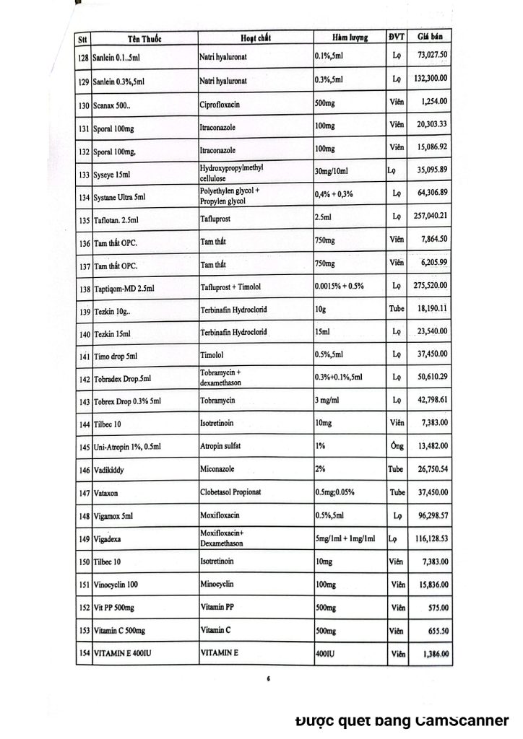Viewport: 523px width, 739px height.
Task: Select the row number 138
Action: [x=84, y=289]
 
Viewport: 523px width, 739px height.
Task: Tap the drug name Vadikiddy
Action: [x=111, y=470]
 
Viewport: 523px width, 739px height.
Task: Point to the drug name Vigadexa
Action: [x=109, y=539]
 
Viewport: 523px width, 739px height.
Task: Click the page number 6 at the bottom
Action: [x=267, y=678]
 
